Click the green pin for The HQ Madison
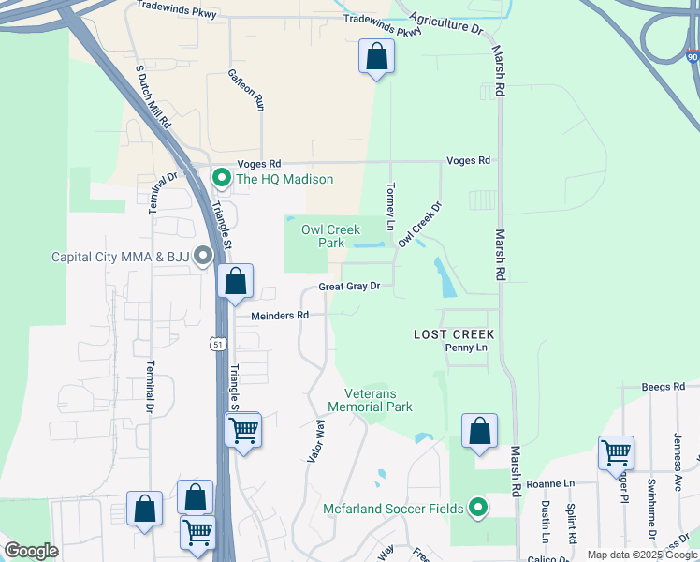click(222, 177)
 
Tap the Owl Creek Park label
click(330, 236)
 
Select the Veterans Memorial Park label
click(371, 400)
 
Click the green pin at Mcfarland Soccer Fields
click(478, 509)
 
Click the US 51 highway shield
click(218, 344)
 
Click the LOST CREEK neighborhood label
click(455, 334)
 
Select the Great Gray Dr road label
click(349, 287)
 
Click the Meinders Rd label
click(279, 316)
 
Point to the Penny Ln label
click(467, 348)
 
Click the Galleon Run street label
click(246, 90)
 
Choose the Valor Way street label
click(315, 441)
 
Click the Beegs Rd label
click(664, 386)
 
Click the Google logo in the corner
click(32, 551)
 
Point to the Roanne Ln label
click(549, 484)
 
